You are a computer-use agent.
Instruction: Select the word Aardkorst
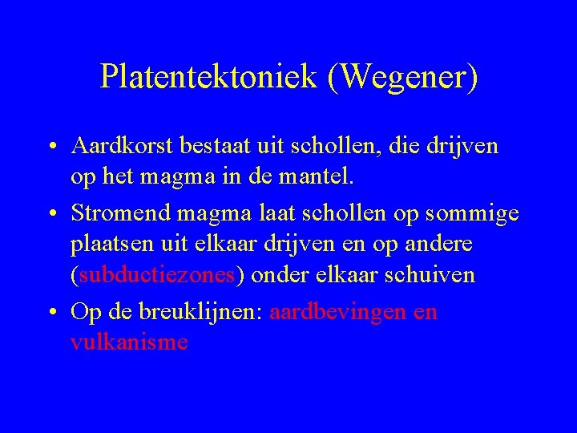click(x=120, y=147)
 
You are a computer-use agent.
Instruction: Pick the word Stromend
click(x=120, y=214)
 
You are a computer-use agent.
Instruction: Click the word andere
click(x=441, y=245)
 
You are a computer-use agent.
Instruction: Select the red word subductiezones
click(x=156, y=275)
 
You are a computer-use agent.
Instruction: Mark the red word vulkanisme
click(x=129, y=342)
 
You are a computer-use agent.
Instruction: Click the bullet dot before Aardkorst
click(x=51, y=148)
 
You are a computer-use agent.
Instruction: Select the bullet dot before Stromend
click(x=51, y=215)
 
